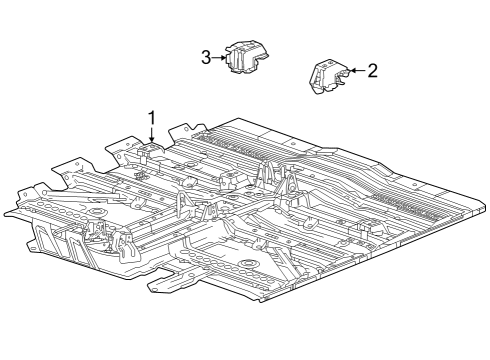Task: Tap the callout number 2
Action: pos(372,71)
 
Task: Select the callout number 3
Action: pos(206,58)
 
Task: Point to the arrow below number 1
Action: pos(152,139)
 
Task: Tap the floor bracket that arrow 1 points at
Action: pos(151,154)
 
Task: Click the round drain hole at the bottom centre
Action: pos(247,265)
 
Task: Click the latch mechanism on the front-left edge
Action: pos(100,238)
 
